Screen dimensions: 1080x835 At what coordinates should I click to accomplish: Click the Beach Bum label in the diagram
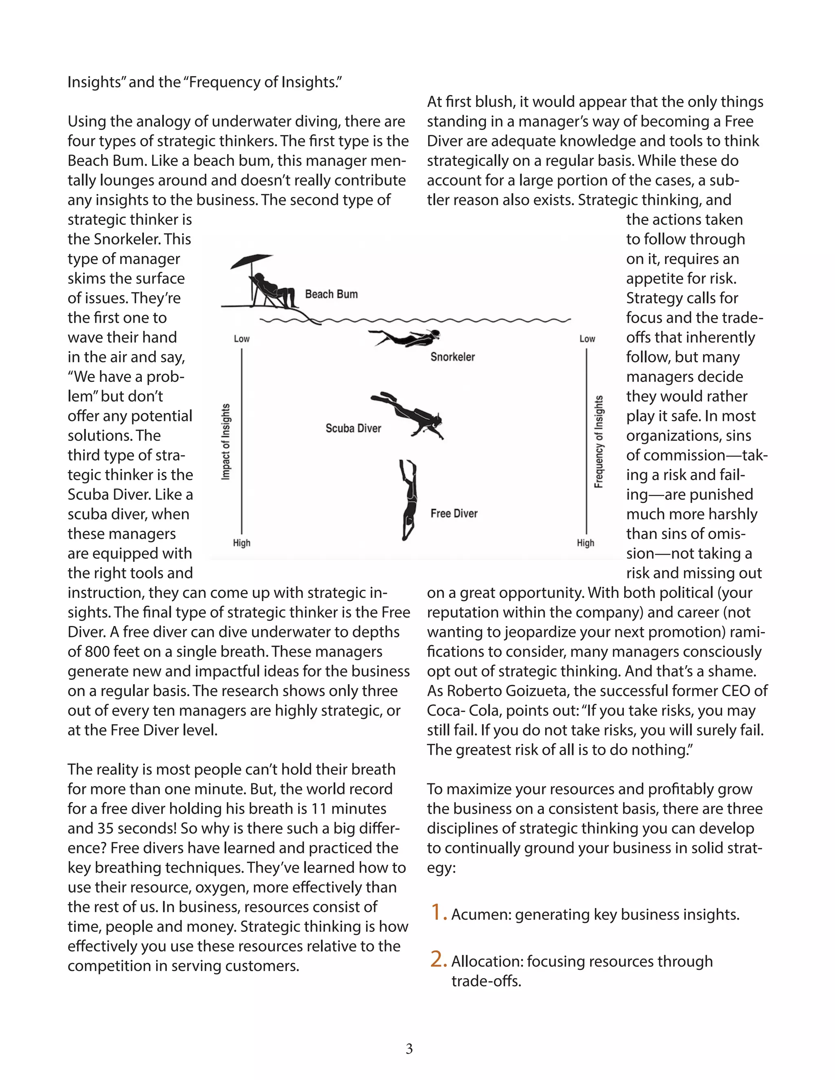pyautogui.click(x=331, y=294)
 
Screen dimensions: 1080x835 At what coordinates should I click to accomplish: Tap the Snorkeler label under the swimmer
pyautogui.click(x=452, y=357)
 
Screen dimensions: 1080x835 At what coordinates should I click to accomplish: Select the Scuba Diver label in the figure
pyautogui.click(x=353, y=428)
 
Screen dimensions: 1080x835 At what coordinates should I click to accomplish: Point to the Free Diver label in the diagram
pyautogui.click(x=454, y=513)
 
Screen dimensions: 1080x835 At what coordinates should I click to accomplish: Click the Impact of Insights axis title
pyautogui.click(x=225, y=442)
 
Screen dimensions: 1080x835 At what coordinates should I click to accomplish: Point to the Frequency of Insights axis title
pyautogui.click(x=599, y=442)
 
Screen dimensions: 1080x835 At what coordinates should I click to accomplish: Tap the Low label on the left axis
pyautogui.click(x=241, y=339)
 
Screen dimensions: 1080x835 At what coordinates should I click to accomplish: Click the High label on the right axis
pyautogui.click(x=585, y=543)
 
